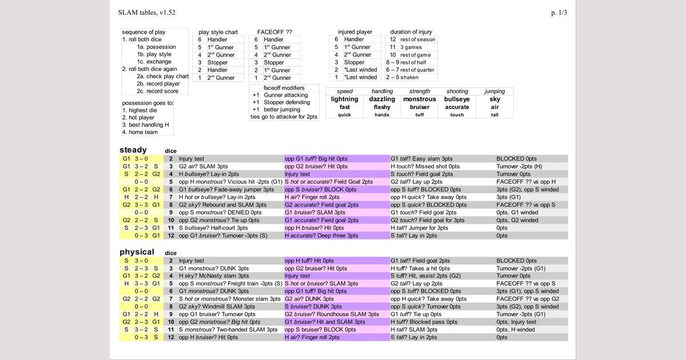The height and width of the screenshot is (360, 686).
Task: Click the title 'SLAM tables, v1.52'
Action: point(147,12)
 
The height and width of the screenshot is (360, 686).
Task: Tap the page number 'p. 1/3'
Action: point(559,12)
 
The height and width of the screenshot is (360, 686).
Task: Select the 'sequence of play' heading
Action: point(144,32)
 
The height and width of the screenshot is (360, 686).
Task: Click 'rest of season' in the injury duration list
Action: point(417,39)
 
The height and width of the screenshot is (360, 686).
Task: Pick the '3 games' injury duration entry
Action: point(411,47)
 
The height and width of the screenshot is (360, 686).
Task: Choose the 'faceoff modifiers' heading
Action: point(284,87)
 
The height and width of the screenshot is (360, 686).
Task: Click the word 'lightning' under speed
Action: point(345,99)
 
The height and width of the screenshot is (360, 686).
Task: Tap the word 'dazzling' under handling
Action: point(382,99)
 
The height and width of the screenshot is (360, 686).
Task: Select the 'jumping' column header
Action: point(494,91)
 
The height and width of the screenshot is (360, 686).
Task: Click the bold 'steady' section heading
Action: point(133,150)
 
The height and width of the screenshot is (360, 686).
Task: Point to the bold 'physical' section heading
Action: point(137,251)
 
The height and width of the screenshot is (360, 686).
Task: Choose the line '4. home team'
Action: point(140,132)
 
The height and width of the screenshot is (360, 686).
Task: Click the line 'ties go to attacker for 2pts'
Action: point(284,117)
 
